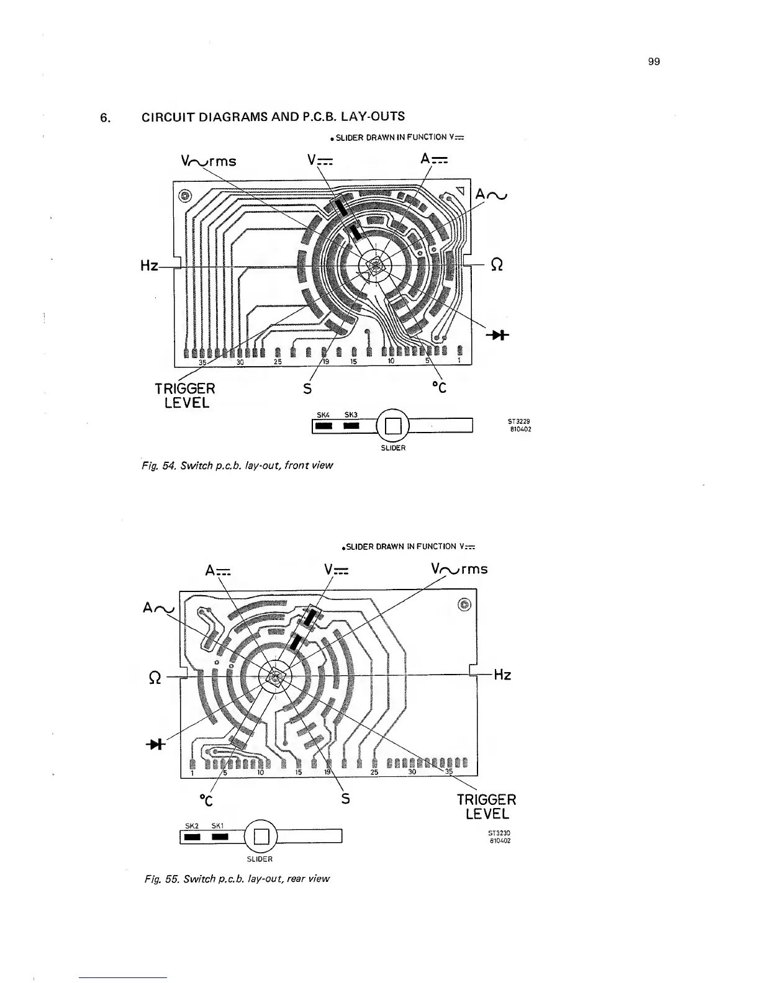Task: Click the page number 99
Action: (x=653, y=61)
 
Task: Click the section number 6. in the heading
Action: (x=106, y=117)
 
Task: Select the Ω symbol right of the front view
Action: (x=496, y=264)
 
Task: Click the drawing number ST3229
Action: (x=518, y=422)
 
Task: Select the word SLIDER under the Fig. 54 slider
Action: (x=393, y=447)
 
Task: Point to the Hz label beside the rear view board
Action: (x=502, y=675)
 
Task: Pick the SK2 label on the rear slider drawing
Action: (x=192, y=826)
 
